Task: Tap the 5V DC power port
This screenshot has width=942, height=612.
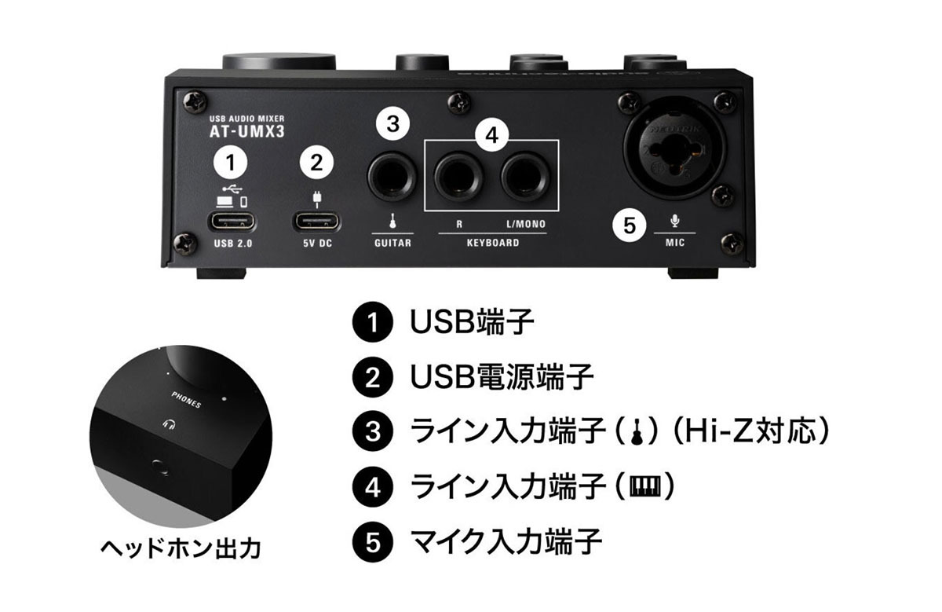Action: pos(316,221)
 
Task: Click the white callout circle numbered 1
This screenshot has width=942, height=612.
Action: pos(229,163)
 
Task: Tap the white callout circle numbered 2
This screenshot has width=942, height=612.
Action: pos(316,163)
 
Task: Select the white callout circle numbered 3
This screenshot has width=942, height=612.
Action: pos(393,123)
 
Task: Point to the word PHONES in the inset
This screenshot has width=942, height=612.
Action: pos(187,398)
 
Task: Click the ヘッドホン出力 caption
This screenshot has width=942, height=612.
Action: pos(180,548)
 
